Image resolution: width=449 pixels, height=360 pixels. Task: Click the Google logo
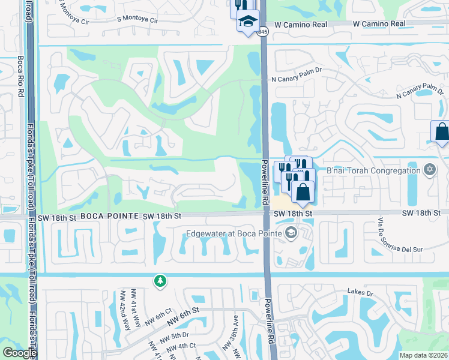click(19, 353)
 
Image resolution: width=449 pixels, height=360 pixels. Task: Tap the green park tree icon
click(160, 281)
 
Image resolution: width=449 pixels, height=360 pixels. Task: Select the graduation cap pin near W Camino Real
click(247, 22)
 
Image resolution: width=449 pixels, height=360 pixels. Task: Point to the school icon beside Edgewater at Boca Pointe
click(291, 233)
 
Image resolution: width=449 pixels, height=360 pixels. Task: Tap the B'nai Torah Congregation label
click(373, 170)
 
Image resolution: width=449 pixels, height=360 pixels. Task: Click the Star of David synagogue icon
click(429, 170)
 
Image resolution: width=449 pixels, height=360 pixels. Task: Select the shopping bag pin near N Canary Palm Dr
click(441, 131)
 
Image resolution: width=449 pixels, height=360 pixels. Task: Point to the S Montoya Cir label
click(137, 20)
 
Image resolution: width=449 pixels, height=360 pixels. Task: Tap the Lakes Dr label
click(360, 292)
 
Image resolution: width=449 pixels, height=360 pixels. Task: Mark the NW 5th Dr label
click(178, 335)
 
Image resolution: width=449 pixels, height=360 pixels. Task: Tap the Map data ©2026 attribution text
click(423, 355)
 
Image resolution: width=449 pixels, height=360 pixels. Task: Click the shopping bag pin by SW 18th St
click(303, 192)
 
